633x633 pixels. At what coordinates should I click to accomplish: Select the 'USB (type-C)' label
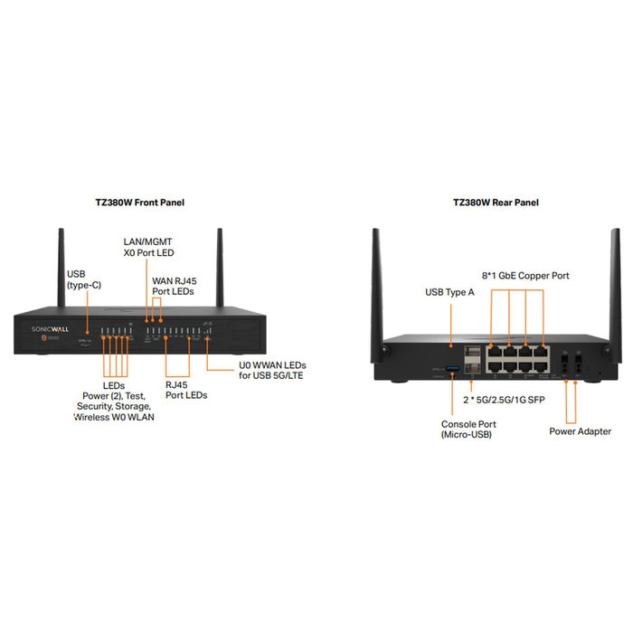coord(83,279)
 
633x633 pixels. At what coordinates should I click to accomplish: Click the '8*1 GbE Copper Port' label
coord(525,275)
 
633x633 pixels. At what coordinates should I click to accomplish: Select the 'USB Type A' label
coord(450,292)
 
